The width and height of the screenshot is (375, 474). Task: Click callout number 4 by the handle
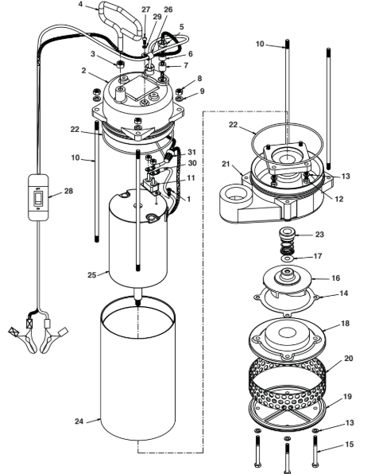point(81,5)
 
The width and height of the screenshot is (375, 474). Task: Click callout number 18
point(346,324)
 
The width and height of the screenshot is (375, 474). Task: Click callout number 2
point(82,71)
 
